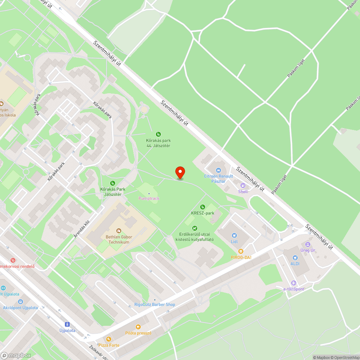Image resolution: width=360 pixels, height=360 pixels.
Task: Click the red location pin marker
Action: tap(180, 172)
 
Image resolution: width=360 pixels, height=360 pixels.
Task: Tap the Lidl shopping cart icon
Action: tap(234, 235)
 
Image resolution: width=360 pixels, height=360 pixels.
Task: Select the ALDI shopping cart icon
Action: tap(295, 258)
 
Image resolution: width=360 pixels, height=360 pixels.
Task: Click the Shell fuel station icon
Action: tap(243, 185)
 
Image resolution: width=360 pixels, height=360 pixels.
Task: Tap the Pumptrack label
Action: tap(149, 198)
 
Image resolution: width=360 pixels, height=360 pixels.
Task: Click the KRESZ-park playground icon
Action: tap(203, 207)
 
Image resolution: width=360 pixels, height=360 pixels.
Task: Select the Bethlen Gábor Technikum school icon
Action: tap(119, 230)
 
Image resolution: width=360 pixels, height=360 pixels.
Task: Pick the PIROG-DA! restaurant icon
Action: tap(241, 251)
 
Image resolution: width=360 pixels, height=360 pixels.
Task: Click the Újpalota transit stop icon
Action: tap(67, 324)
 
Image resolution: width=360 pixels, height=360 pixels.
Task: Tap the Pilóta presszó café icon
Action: tap(138, 327)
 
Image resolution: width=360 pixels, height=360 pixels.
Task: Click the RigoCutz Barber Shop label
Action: tap(155, 305)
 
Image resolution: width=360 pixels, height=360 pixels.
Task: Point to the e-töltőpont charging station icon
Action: tap(294, 283)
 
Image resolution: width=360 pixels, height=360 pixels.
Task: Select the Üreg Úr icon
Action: tap(308, 244)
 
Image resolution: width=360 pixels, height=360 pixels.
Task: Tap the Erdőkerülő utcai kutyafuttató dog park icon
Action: tap(194, 228)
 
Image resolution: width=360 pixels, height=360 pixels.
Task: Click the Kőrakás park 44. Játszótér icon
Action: tap(158, 134)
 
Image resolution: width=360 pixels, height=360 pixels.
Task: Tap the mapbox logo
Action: tap(16, 355)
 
